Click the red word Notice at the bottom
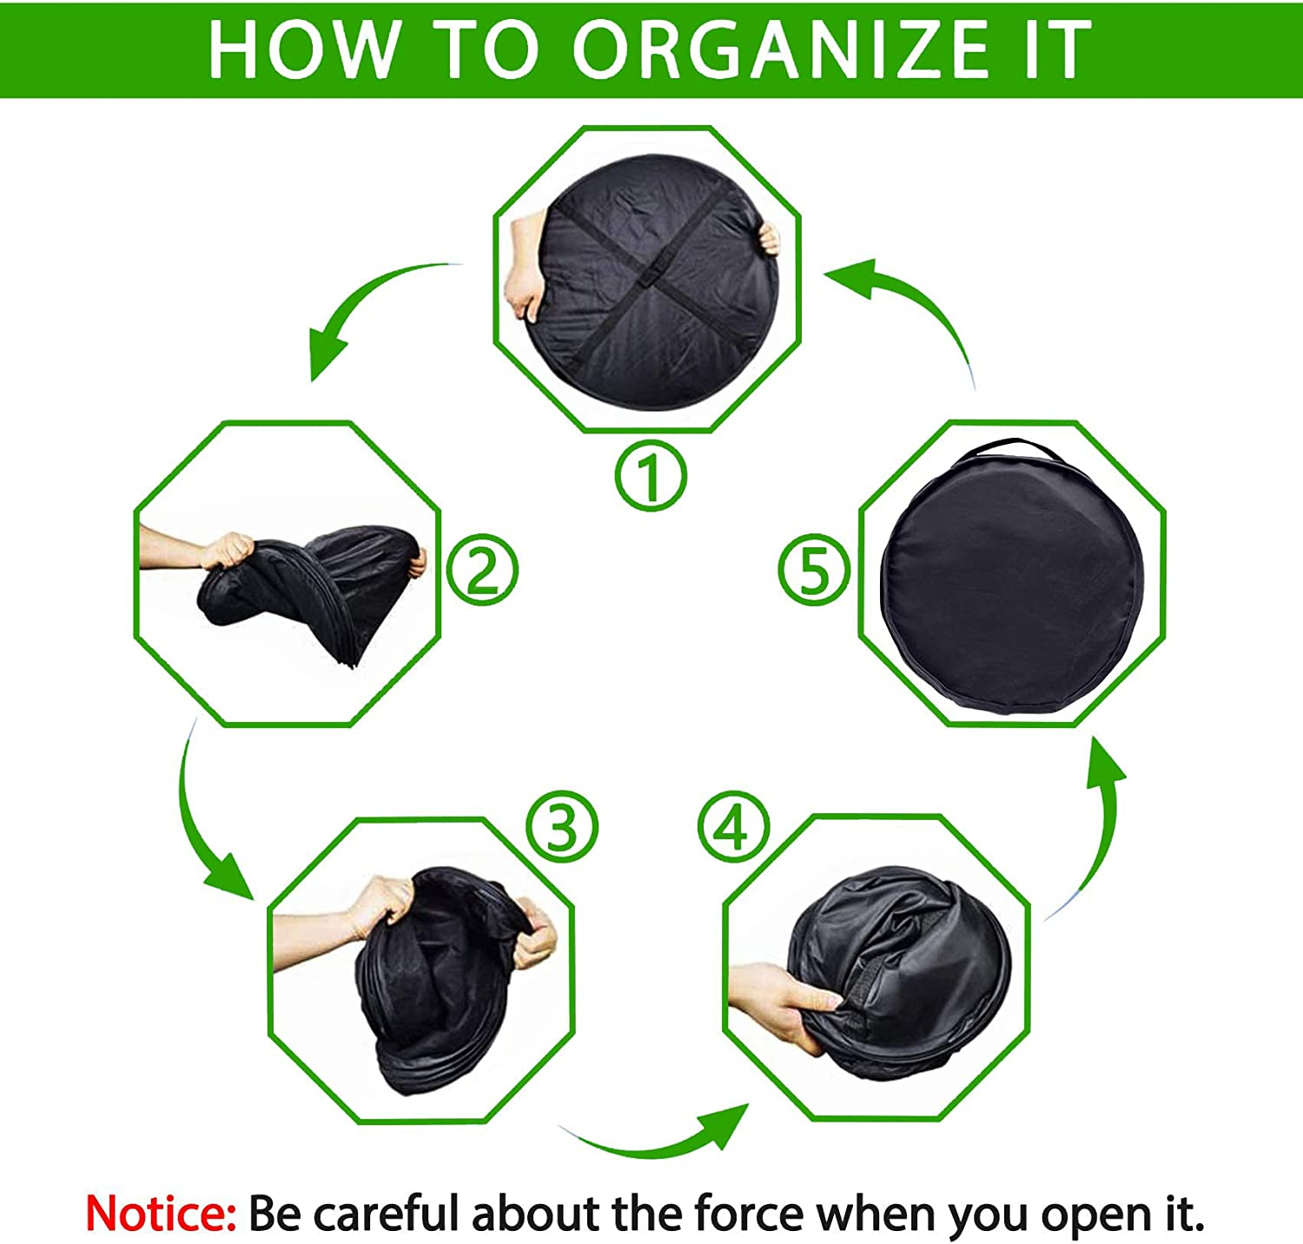(161, 1213)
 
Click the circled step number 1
(651, 475)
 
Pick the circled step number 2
(482, 571)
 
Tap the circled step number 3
(562, 826)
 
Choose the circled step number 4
(733, 826)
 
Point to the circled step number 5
(813, 571)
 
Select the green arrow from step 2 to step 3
(204, 825)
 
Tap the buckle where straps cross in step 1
(646, 281)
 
